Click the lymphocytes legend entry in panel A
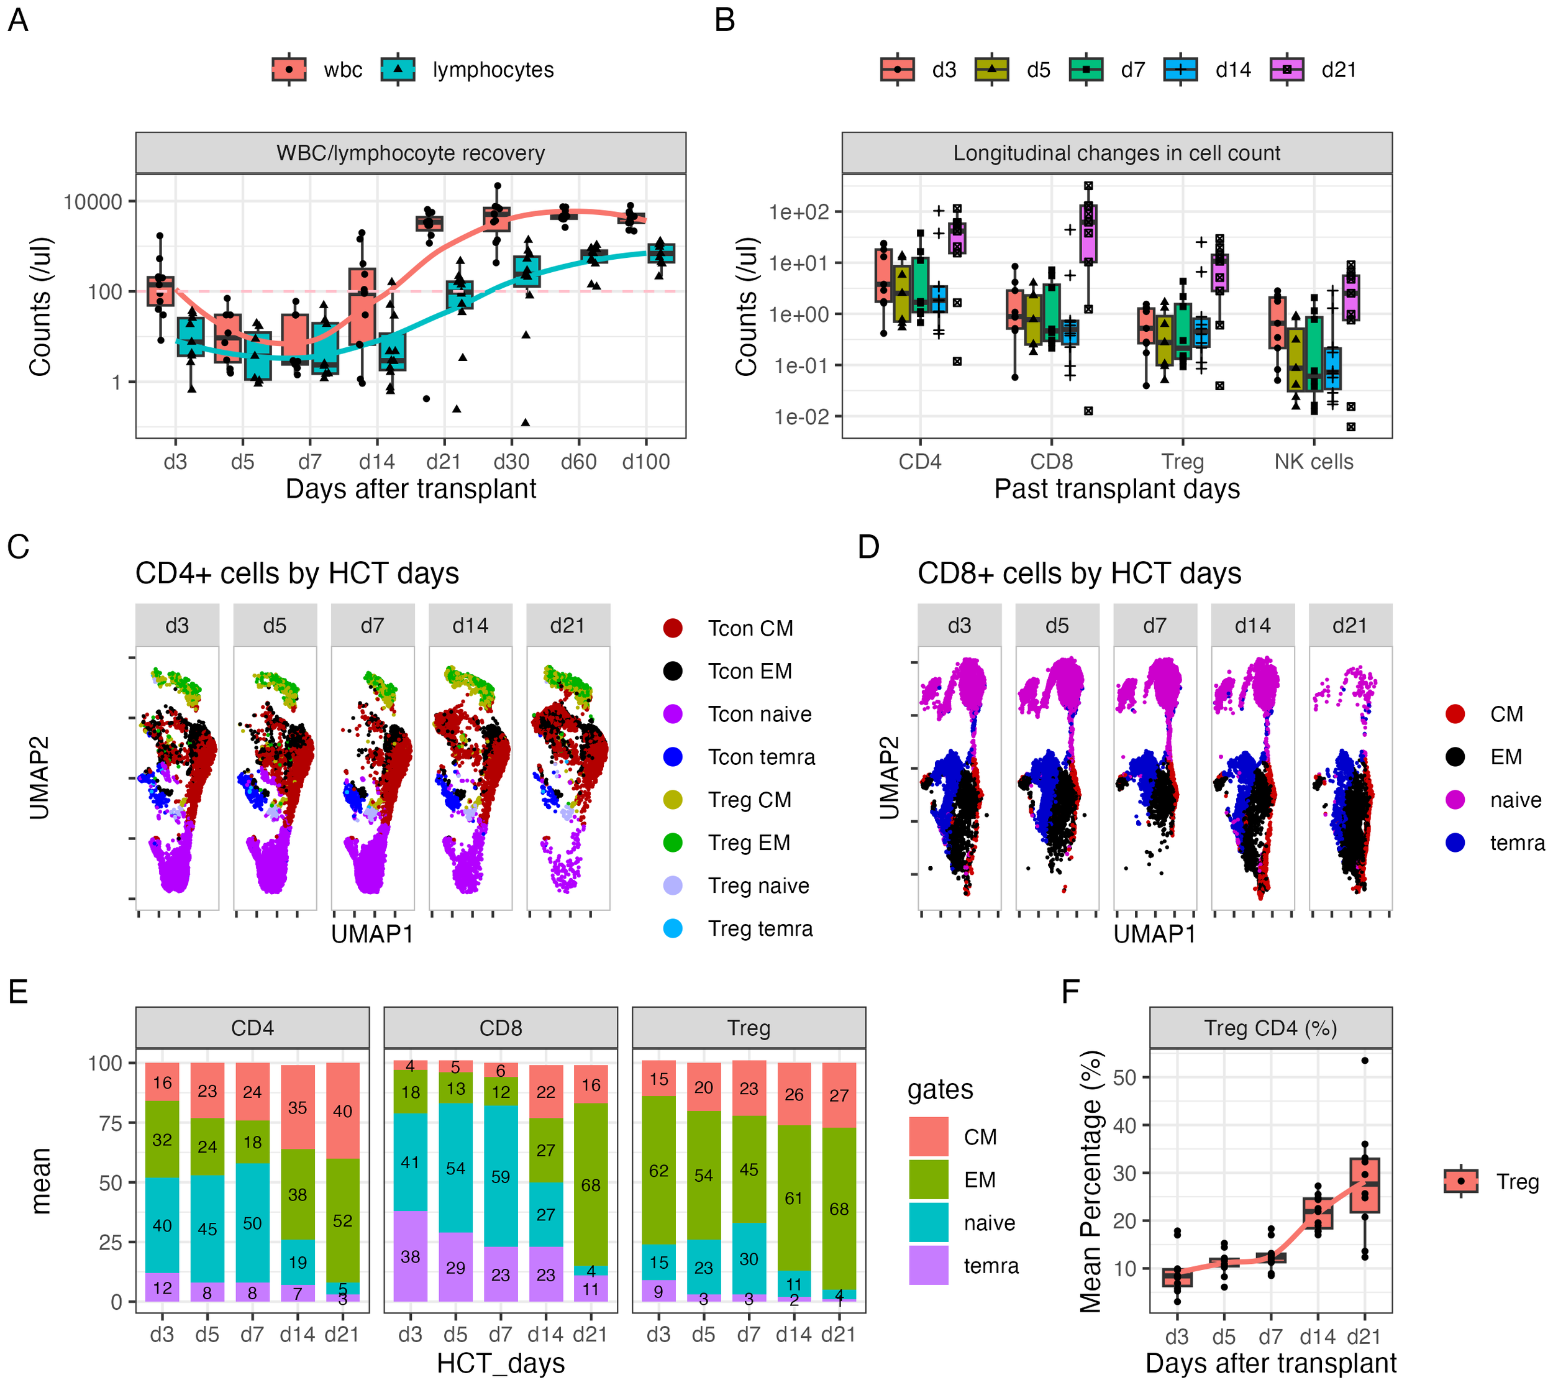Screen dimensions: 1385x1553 (x=493, y=70)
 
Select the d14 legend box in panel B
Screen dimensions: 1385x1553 (x=1180, y=70)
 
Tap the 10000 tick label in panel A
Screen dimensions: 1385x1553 (x=93, y=202)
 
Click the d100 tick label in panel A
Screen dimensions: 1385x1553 (x=645, y=462)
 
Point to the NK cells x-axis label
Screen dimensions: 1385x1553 (x=1313, y=462)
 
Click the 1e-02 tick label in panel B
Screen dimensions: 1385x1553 (x=801, y=417)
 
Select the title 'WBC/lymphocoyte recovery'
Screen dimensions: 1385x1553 (x=410, y=153)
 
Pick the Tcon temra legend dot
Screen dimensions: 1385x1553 (x=673, y=757)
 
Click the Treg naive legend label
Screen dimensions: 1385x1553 (x=758, y=886)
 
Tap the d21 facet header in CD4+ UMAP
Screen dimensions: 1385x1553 (x=568, y=626)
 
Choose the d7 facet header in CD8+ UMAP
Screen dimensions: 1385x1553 (x=1154, y=626)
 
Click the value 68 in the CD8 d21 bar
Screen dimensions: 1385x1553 (x=591, y=1185)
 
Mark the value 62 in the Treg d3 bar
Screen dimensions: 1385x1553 (x=658, y=1171)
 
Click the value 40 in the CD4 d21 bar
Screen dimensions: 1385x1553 (x=342, y=1111)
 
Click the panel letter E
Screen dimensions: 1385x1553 (x=17, y=992)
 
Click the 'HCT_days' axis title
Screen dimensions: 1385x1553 (x=500, y=1363)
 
